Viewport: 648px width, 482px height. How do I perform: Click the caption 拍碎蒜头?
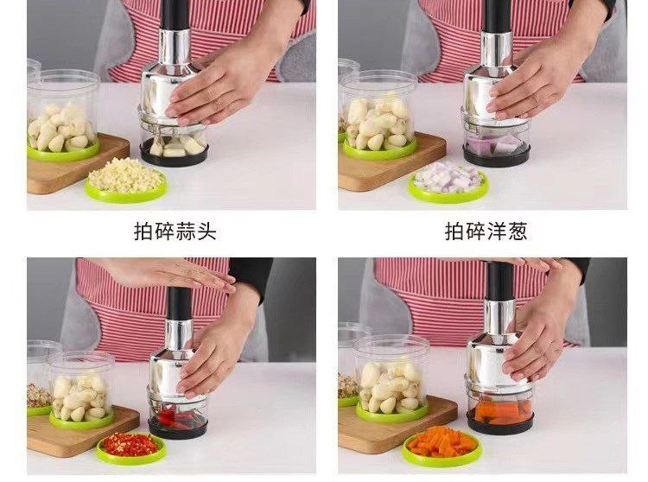coord(175,231)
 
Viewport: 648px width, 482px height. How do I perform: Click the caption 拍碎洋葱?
coord(486,231)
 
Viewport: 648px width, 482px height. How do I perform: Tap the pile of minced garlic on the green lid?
coord(125,175)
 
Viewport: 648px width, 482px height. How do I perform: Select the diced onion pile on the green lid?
coord(448,177)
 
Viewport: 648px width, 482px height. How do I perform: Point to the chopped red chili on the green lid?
coord(130,444)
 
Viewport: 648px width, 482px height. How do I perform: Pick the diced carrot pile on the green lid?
coord(442,441)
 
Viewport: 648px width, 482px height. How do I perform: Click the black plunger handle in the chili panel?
coord(179,303)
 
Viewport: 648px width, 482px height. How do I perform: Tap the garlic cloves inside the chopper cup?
coord(175,145)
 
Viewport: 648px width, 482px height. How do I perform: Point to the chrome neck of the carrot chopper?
coord(499,318)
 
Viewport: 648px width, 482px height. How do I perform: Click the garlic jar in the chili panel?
coord(81,388)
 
